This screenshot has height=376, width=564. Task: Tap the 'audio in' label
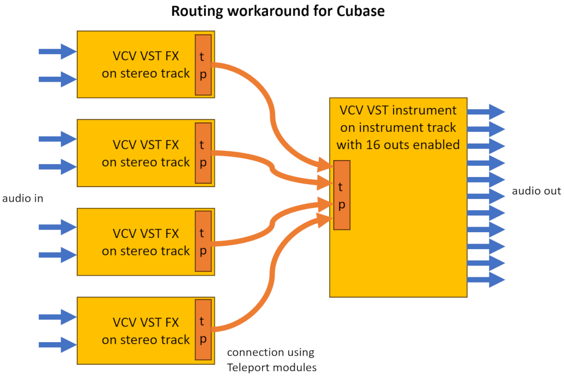(23, 198)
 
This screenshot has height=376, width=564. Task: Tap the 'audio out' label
(536, 191)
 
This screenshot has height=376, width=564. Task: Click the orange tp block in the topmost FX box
(203, 65)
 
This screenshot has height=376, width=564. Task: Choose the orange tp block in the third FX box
(203, 242)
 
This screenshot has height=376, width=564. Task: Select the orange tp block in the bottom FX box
(203, 330)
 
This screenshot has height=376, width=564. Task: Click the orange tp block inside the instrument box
(342, 195)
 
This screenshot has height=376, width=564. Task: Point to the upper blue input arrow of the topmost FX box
(57, 52)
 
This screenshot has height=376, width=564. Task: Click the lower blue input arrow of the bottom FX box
(57, 343)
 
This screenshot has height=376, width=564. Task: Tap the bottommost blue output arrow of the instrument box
(486, 280)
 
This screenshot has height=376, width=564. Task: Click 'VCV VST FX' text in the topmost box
(146, 56)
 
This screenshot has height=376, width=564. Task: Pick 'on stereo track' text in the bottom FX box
(146, 340)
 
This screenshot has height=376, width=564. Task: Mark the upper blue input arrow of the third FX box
(57, 227)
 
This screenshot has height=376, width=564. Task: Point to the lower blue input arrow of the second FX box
(57, 167)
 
